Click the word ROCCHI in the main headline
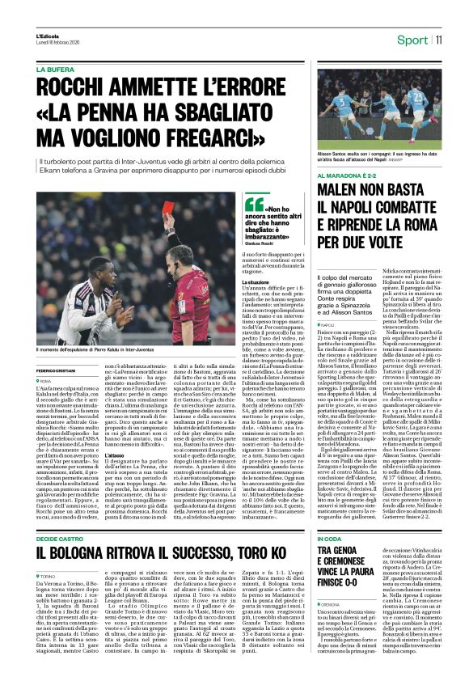tap(74, 87)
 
